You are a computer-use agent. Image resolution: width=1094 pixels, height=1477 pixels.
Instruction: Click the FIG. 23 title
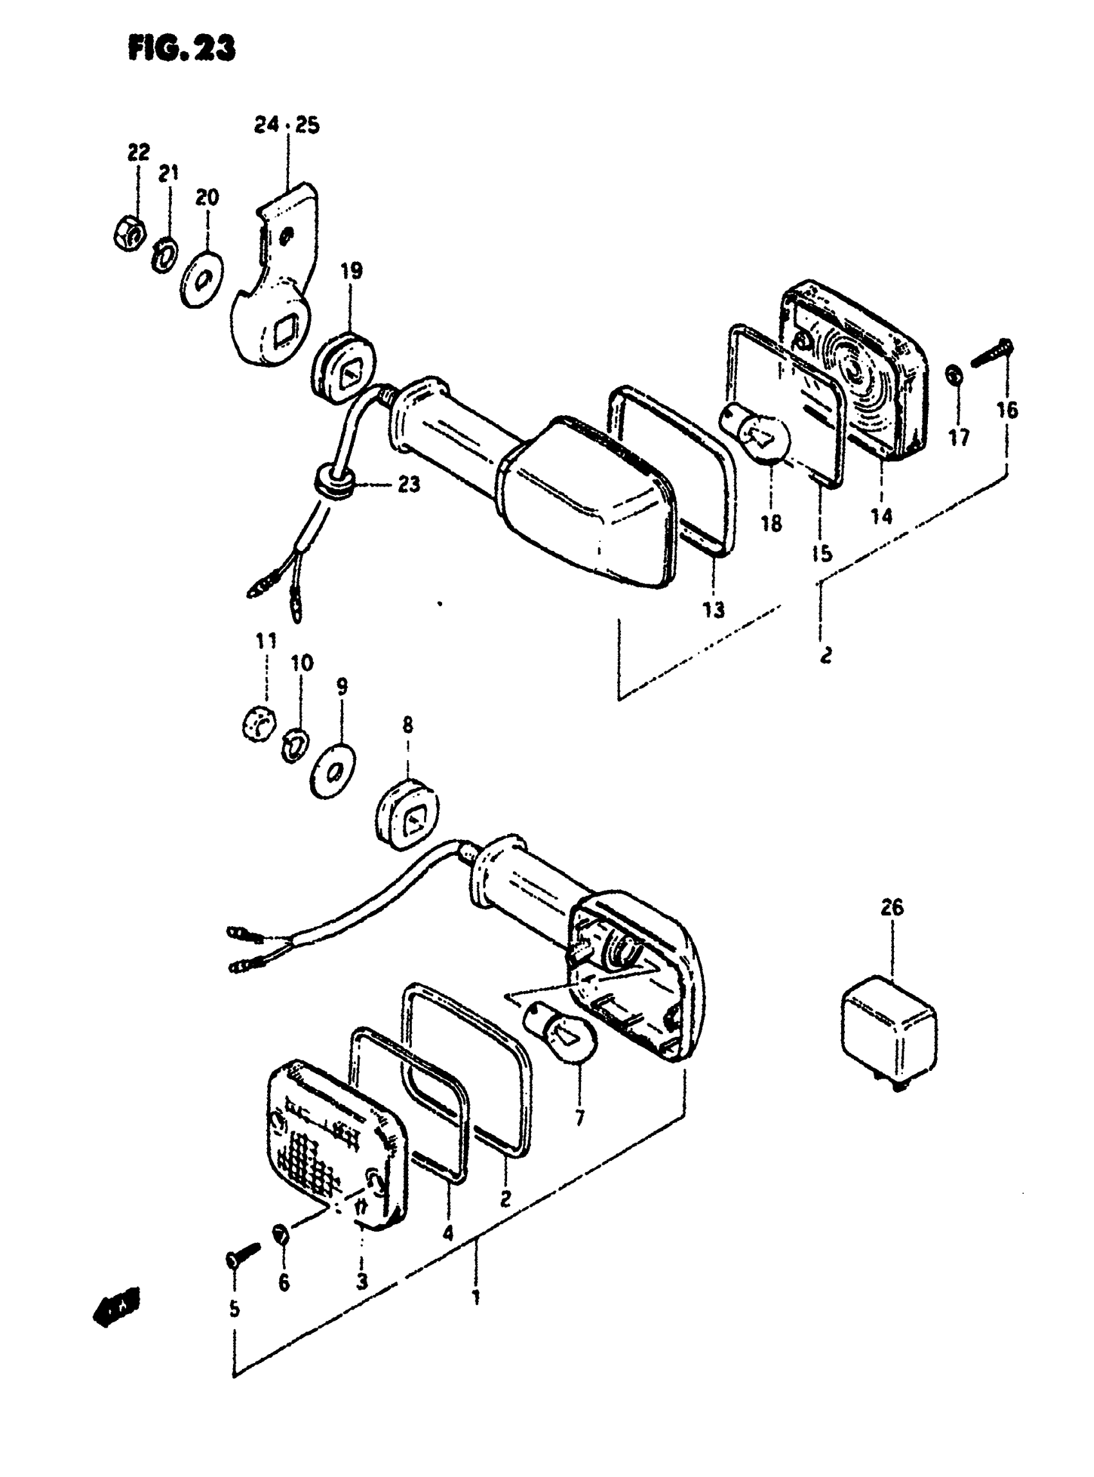181,49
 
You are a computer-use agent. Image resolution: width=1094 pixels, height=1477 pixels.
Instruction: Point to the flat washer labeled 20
202,279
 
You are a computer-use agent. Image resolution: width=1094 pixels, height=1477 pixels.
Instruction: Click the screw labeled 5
242,1254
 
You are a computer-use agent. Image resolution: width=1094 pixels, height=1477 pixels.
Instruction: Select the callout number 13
713,609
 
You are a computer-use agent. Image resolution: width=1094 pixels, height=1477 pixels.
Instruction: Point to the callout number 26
892,907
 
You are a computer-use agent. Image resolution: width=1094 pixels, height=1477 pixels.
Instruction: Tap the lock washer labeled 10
292,744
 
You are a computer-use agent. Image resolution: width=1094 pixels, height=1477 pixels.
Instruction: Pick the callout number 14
882,516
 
